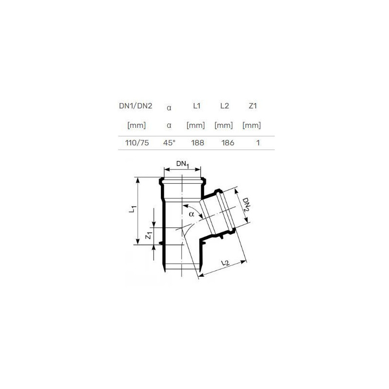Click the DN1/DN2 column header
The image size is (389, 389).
click(x=136, y=106)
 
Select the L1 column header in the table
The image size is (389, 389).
click(x=197, y=106)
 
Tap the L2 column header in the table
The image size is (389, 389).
click(x=225, y=106)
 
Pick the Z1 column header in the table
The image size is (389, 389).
click(x=252, y=106)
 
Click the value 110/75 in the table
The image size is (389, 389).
click(x=137, y=142)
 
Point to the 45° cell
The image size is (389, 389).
click(x=169, y=142)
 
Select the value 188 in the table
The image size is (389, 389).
click(x=198, y=142)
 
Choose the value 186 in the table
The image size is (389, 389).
click(x=228, y=142)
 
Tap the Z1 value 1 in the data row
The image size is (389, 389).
click(x=258, y=142)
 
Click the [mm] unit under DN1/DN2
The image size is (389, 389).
click(x=137, y=125)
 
